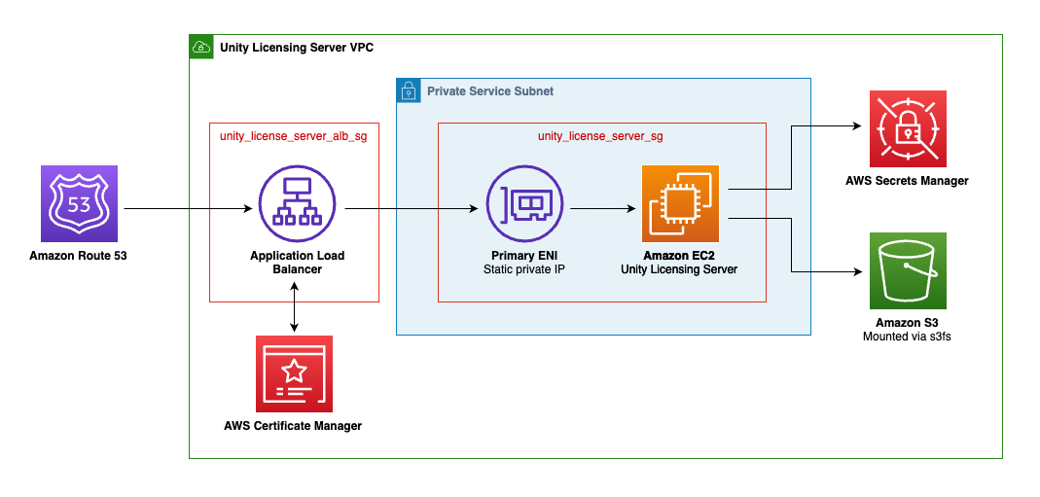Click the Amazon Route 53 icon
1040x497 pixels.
click(x=79, y=203)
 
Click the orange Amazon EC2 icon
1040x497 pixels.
click(x=679, y=203)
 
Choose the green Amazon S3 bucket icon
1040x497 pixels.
click(x=907, y=269)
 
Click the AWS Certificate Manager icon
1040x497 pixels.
click(x=294, y=373)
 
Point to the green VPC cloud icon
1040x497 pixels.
click(x=201, y=47)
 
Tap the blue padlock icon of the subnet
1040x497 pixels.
click(x=408, y=90)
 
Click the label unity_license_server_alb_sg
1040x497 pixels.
click(x=294, y=136)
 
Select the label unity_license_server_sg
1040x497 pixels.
click(x=600, y=136)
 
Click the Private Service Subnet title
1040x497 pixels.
click(x=490, y=91)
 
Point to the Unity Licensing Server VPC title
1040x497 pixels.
click(x=296, y=47)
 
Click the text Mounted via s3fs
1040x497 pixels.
click(x=907, y=337)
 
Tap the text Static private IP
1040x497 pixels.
click(x=524, y=269)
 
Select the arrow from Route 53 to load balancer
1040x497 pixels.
click(x=185, y=208)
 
